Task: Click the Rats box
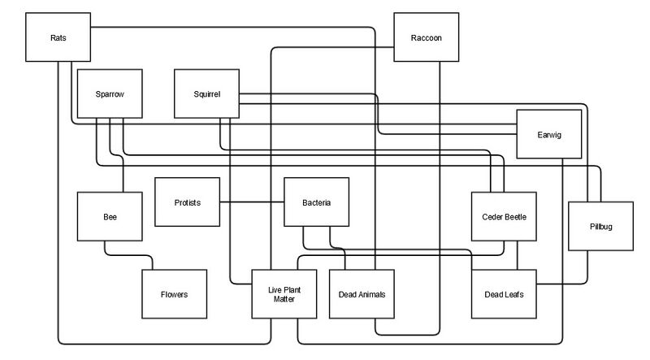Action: [58, 37]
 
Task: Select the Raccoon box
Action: [427, 37]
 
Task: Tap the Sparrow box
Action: [109, 93]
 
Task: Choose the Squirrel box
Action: [208, 93]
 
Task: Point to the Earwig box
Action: [550, 133]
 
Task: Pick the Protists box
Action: [188, 202]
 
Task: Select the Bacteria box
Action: [316, 202]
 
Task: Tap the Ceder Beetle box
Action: [505, 217]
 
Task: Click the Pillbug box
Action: [600, 225]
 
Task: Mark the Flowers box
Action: [174, 294]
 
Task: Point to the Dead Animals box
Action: [362, 294]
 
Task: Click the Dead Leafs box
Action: [505, 294]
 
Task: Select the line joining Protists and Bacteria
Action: [252, 202]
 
